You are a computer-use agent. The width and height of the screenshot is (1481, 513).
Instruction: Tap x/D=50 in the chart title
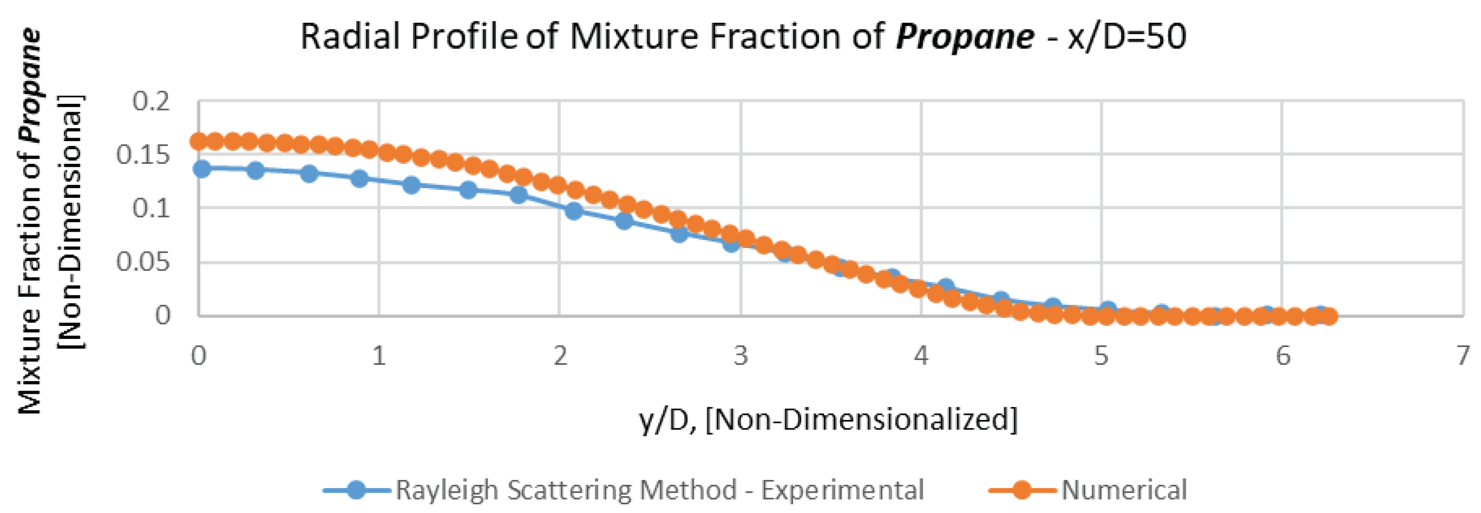coord(1127,37)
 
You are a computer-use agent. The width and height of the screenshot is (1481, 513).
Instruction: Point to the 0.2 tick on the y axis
coord(151,102)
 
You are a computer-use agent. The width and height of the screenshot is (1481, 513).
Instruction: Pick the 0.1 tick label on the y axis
coord(151,208)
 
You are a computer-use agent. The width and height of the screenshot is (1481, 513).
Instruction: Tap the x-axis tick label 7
coord(1464,356)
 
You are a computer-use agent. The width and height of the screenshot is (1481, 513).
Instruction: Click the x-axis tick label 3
coord(741,356)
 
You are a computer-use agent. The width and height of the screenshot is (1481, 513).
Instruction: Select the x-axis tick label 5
coord(1101,356)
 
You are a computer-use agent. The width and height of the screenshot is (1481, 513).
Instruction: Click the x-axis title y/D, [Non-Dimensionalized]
coord(828,420)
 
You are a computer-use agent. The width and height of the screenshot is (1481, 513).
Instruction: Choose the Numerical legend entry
coord(1123,490)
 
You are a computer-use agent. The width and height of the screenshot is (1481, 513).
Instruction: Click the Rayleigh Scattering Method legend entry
coord(659,490)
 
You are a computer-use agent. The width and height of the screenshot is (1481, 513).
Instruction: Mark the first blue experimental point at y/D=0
coord(202,169)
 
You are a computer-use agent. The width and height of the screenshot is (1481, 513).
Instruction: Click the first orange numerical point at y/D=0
coord(198,141)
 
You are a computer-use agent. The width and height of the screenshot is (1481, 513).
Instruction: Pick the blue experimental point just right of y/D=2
coord(573,211)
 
